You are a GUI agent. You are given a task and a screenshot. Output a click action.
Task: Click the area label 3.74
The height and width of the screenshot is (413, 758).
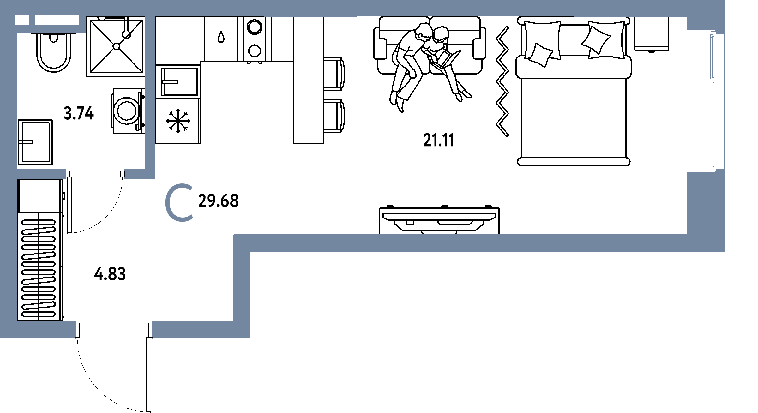point(79,114)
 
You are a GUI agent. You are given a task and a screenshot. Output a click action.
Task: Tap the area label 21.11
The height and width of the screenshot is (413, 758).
point(438,141)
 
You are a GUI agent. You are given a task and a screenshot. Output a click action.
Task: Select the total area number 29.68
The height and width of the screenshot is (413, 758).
point(218,201)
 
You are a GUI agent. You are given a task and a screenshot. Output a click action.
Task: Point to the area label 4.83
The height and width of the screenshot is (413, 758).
point(110,274)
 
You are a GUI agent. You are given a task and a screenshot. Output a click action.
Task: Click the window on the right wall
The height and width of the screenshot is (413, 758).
point(713,101)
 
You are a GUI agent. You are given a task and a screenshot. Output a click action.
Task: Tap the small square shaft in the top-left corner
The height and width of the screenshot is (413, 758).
point(22,20)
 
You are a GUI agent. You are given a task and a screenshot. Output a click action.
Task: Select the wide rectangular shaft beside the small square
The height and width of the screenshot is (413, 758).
point(57,20)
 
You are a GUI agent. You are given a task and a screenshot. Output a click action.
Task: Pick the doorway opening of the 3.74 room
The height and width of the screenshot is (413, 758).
point(95,174)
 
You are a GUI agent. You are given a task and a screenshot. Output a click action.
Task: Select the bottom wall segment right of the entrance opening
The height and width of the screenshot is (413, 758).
point(196,329)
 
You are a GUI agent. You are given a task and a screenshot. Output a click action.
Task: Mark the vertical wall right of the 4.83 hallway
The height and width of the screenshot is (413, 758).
point(241,284)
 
